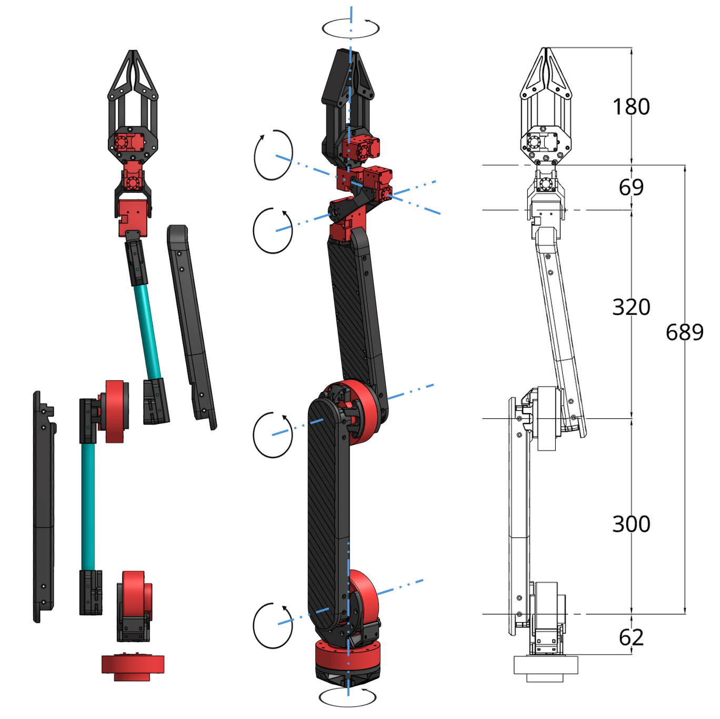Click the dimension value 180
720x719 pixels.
point(631,107)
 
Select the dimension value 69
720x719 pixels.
point(631,187)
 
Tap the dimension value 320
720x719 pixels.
point(631,307)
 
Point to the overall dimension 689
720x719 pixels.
point(684,332)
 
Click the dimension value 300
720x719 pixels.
point(631,524)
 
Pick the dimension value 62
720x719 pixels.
point(631,637)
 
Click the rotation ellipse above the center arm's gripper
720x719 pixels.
point(351,28)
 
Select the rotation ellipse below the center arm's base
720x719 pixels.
point(347,697)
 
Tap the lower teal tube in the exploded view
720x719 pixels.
point(88,506)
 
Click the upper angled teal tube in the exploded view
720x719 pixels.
point(147,332)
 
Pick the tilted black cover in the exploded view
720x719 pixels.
point(191,327)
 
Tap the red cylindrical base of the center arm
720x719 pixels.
point(347,656)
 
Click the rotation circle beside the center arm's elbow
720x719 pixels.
point(273,435)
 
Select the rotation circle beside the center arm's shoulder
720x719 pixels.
point(273,625)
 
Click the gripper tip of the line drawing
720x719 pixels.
point(546,51)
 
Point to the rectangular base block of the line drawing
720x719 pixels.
point(546,665)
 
